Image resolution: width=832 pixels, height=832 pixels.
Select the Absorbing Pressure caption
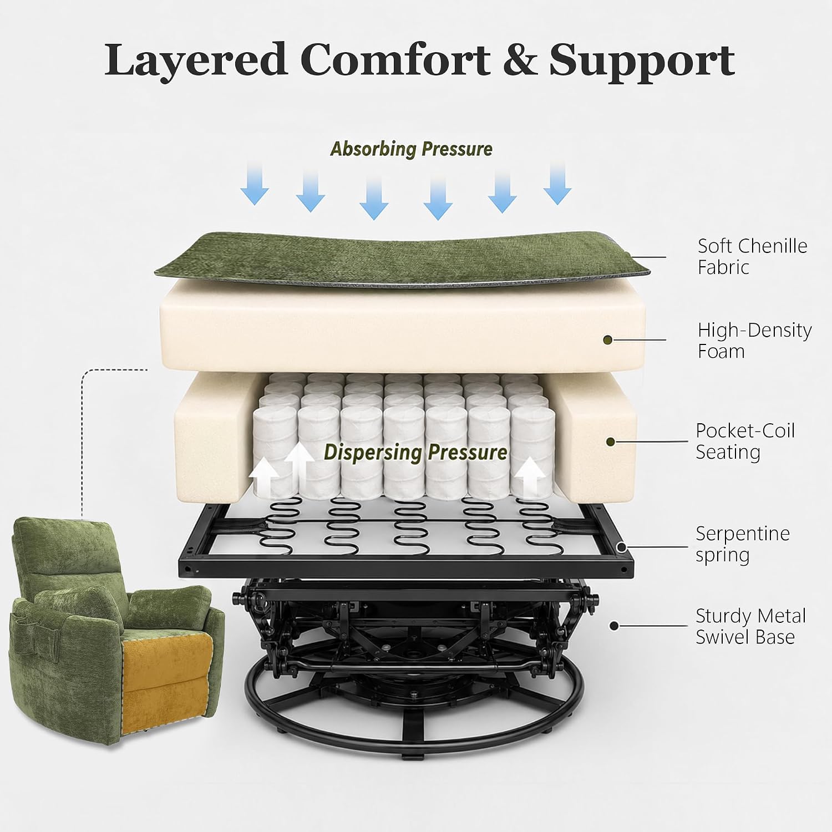click(411, 149)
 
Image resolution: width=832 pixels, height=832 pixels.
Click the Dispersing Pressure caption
click(415, 452)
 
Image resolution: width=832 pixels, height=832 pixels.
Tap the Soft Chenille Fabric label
click(752, 256)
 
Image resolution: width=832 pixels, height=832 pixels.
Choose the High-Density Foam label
click(754, 341)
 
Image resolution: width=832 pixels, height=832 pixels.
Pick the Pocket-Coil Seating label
click(745, 441)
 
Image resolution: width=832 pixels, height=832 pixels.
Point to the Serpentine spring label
click(743, 544)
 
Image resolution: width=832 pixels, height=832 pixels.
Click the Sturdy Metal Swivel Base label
click(751, 626)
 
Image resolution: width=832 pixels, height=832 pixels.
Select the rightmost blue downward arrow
click(557, 184)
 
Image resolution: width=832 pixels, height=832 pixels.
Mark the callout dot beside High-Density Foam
click(608, 339)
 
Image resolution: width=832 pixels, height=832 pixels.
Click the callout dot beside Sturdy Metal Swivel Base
click(613, 626)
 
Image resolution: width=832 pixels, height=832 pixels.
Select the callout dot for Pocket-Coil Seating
click(610, 442)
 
